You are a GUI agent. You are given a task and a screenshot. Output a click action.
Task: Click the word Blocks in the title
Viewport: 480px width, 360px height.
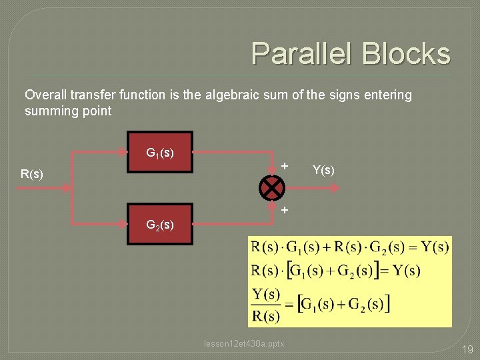pyautogui.click(x=407, y=53)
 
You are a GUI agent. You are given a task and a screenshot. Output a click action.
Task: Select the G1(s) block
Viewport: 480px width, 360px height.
pyautogui.click(x=160, y=153)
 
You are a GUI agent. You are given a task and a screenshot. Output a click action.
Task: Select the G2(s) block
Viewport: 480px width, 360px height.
pyautogui.click(x=160, y=224)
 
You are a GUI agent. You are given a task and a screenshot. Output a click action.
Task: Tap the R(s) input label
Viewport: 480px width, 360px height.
pyautogui.click(x=32, y=175)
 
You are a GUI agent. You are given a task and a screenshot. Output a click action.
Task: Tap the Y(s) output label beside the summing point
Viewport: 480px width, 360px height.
pyautogui.click(x=323, y=171)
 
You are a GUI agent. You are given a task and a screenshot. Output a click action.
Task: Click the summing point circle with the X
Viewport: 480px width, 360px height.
pyautogui.click(x=272, y=188)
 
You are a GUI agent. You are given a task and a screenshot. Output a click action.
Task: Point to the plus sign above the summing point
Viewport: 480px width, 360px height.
pyautogui.click(x=285, y=165)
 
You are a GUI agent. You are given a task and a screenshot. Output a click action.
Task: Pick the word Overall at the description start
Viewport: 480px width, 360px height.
pyautogui.click(x=45, y=95)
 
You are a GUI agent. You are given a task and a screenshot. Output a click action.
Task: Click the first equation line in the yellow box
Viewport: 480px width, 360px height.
pyautogui.click(x=349, y=247)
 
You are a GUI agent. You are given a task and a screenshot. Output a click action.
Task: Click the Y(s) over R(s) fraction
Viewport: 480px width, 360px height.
pyautogui.click(x=265, y=305)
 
